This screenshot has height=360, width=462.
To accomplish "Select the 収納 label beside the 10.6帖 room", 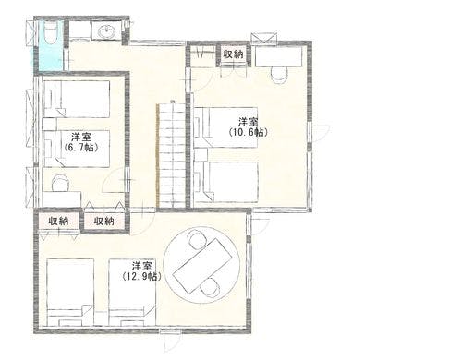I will pos(233,54).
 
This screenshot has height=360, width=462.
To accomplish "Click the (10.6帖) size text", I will pos(248,133).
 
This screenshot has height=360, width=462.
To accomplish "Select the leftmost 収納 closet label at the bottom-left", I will pos(58,222).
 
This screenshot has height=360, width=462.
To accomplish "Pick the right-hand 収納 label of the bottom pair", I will pos(103,222).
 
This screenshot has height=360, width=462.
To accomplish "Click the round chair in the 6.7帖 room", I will pos(60,183).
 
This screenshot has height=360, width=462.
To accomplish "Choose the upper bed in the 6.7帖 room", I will pos(76,99).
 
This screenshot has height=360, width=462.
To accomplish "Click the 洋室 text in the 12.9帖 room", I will pos(140,265).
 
